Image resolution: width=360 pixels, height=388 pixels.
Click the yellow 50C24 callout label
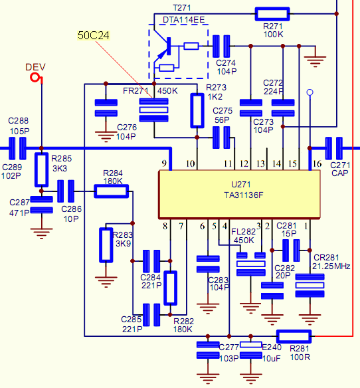pyautogui.click(x=93, y=35)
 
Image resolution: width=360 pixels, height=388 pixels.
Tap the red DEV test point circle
pyautogui.click(x=35, y=78)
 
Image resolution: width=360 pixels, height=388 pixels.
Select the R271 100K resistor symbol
pyautogui.click(x=272, y=14)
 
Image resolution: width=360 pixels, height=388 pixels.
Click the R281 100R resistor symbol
pyautogui.click(x=294, y=336)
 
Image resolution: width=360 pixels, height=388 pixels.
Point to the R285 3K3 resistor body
pyautogui.click(x=41, y=170)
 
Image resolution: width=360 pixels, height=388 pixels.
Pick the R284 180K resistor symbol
pyautogui.click(x=112, y=191)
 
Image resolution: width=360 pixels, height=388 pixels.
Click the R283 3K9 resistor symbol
pyautogui.click(x=106, y=245)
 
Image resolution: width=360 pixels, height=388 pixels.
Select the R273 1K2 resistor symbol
pyautogui.click(x=197, y=110)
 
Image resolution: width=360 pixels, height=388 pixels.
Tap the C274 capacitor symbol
pyautogui.click(x=221, y=47)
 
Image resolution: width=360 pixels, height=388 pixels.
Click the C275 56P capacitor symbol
pyautogui.click(x=221, y=138)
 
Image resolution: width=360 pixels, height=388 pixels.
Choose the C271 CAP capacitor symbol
pyautogui.click(x=334, y=148)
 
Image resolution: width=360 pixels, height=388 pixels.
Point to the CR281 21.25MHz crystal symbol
pyautogui.click(x=310, y=285)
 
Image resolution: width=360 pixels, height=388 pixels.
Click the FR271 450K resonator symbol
pyautogui.click(x=153, y=110)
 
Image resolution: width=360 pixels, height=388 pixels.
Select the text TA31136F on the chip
pyautogui.click(x=244, y=195)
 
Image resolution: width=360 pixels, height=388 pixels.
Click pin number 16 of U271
pyautogui.click(x=317, y=163)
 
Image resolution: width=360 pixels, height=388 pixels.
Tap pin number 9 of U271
pyautogui.click(x=164, y=163)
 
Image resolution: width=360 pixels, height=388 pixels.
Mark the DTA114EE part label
pyautogui.click(x=183, y=20)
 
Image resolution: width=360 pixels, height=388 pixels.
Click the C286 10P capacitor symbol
pyautogui.click(x=66, y=191)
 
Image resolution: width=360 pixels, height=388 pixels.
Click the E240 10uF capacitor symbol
pyautogui.click(x=251, y=350)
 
